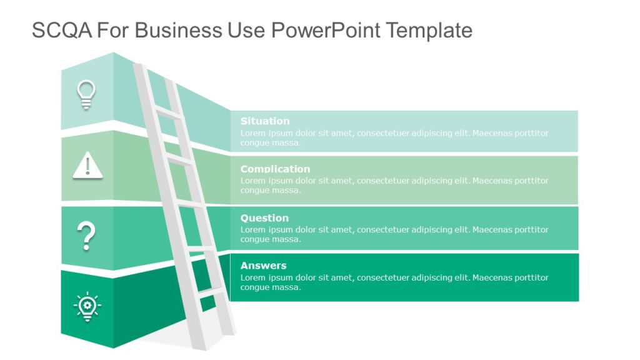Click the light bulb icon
pyautogui.click(x=86, y=94)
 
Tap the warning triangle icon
pyautogui.click(x=87, y=166)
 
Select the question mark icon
pyautogui.click(x=86, y=236)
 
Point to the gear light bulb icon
pyautogui.click(x=87, y=306)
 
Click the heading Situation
pyautogui.click(x=265, y=121)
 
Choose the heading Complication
pyautogui.click(x=275, y=169)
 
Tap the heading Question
pyautogui.click(x=264, y=218)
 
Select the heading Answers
pyautogui.click(x=263, y=266)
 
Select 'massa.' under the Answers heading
pyautogui.click(x=287, y=287)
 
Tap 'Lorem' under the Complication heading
pyautogui.click(x=253, y=181)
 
